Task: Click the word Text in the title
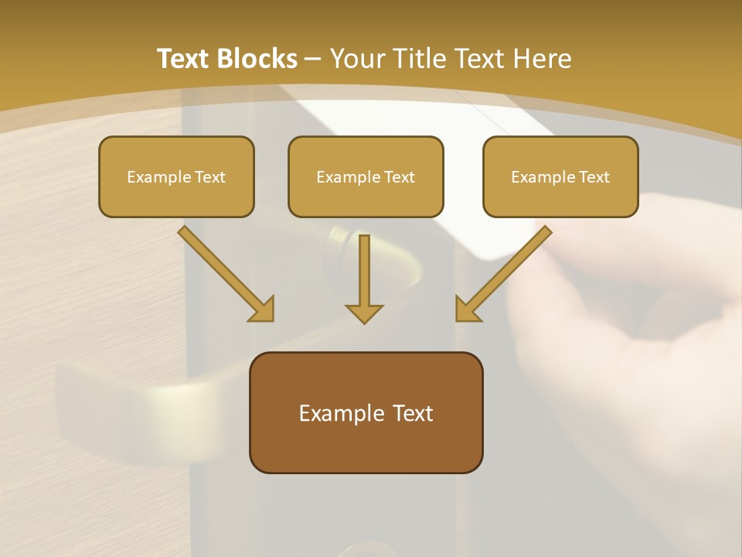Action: tap(184, 59)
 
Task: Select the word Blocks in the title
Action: tap(257, 59)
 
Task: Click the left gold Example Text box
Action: tap(176, 176)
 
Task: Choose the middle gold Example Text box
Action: tap(366, 176)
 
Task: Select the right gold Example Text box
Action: tap(560, 176)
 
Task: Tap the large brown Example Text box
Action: tap(366, 412)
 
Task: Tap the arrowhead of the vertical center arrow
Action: tap(364, 313)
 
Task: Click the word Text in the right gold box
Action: tap(594, 176)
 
